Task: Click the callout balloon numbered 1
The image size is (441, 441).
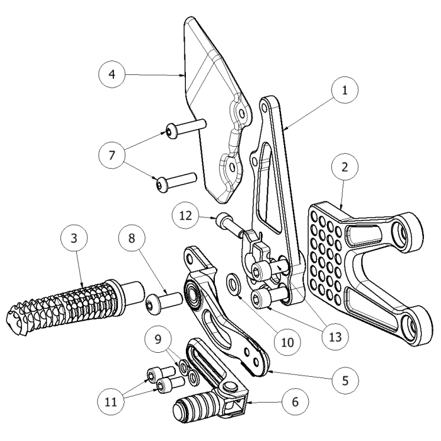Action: [x=345, y=90]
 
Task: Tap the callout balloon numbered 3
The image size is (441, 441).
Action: [x=74, y=239]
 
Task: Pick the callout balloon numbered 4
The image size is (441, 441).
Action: [x=112, y=74]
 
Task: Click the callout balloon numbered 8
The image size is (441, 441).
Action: [x=131, y=239]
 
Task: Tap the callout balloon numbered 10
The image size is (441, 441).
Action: [x=287, y=341]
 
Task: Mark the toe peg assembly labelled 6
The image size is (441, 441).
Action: [x=214, y=391]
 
